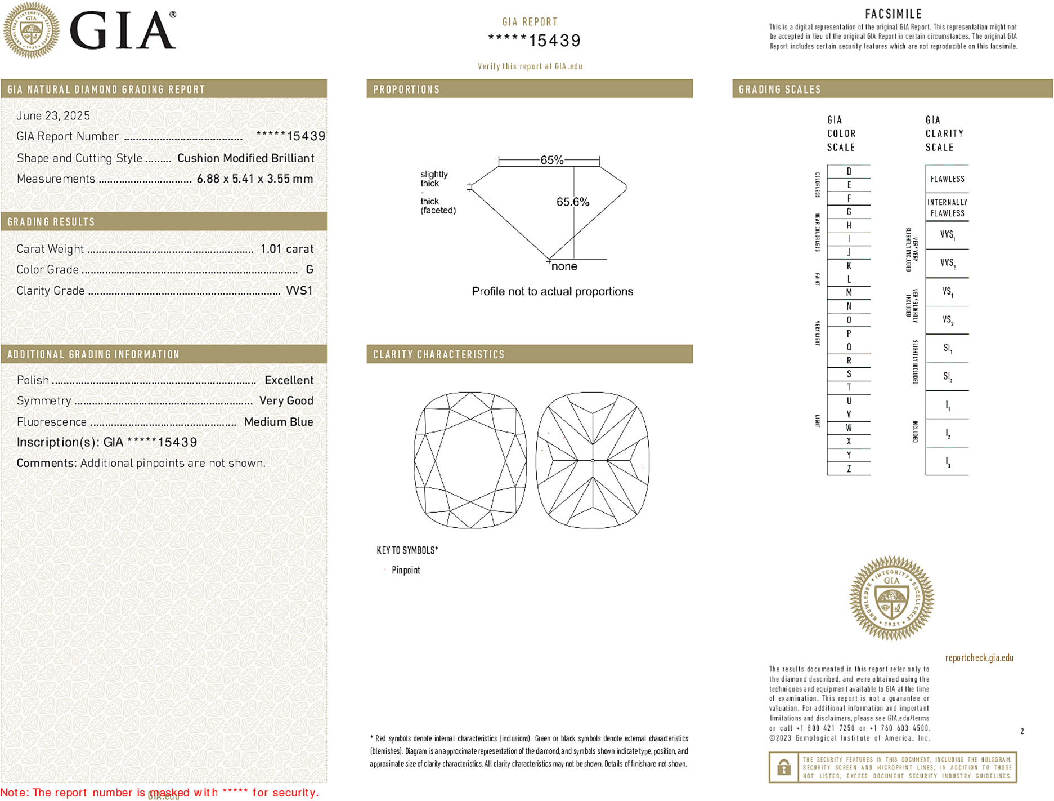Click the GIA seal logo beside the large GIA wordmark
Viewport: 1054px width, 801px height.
coord(31,30)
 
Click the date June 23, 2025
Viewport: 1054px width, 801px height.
coord(53,115)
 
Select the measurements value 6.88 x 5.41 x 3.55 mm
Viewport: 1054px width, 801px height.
coord(254,179)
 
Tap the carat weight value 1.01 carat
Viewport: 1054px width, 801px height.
coord(286,249)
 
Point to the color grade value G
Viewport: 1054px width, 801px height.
coord(310,270)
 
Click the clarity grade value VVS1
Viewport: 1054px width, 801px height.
coord(299,291)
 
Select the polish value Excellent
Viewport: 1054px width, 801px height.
coord(289,380)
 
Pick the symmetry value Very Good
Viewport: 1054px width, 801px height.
coord(286,401)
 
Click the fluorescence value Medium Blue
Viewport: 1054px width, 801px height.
coord(279,422)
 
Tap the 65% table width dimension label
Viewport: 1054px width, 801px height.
coord(551,160)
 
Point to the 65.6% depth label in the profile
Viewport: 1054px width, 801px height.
coord(572,202)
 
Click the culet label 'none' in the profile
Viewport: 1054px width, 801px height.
coord(564,266)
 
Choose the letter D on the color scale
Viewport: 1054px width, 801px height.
coord(849,171)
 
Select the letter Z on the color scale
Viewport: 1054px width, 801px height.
coord(849,469)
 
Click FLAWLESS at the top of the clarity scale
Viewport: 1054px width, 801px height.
coord(947,179)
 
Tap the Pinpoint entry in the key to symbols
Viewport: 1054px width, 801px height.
coord(406,570)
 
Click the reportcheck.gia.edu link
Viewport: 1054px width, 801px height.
coord(979,658)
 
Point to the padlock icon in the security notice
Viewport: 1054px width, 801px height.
coord(783,767)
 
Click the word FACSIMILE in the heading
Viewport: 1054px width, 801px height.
coord(893,14)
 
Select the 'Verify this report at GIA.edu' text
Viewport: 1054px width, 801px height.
coord(530,66)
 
